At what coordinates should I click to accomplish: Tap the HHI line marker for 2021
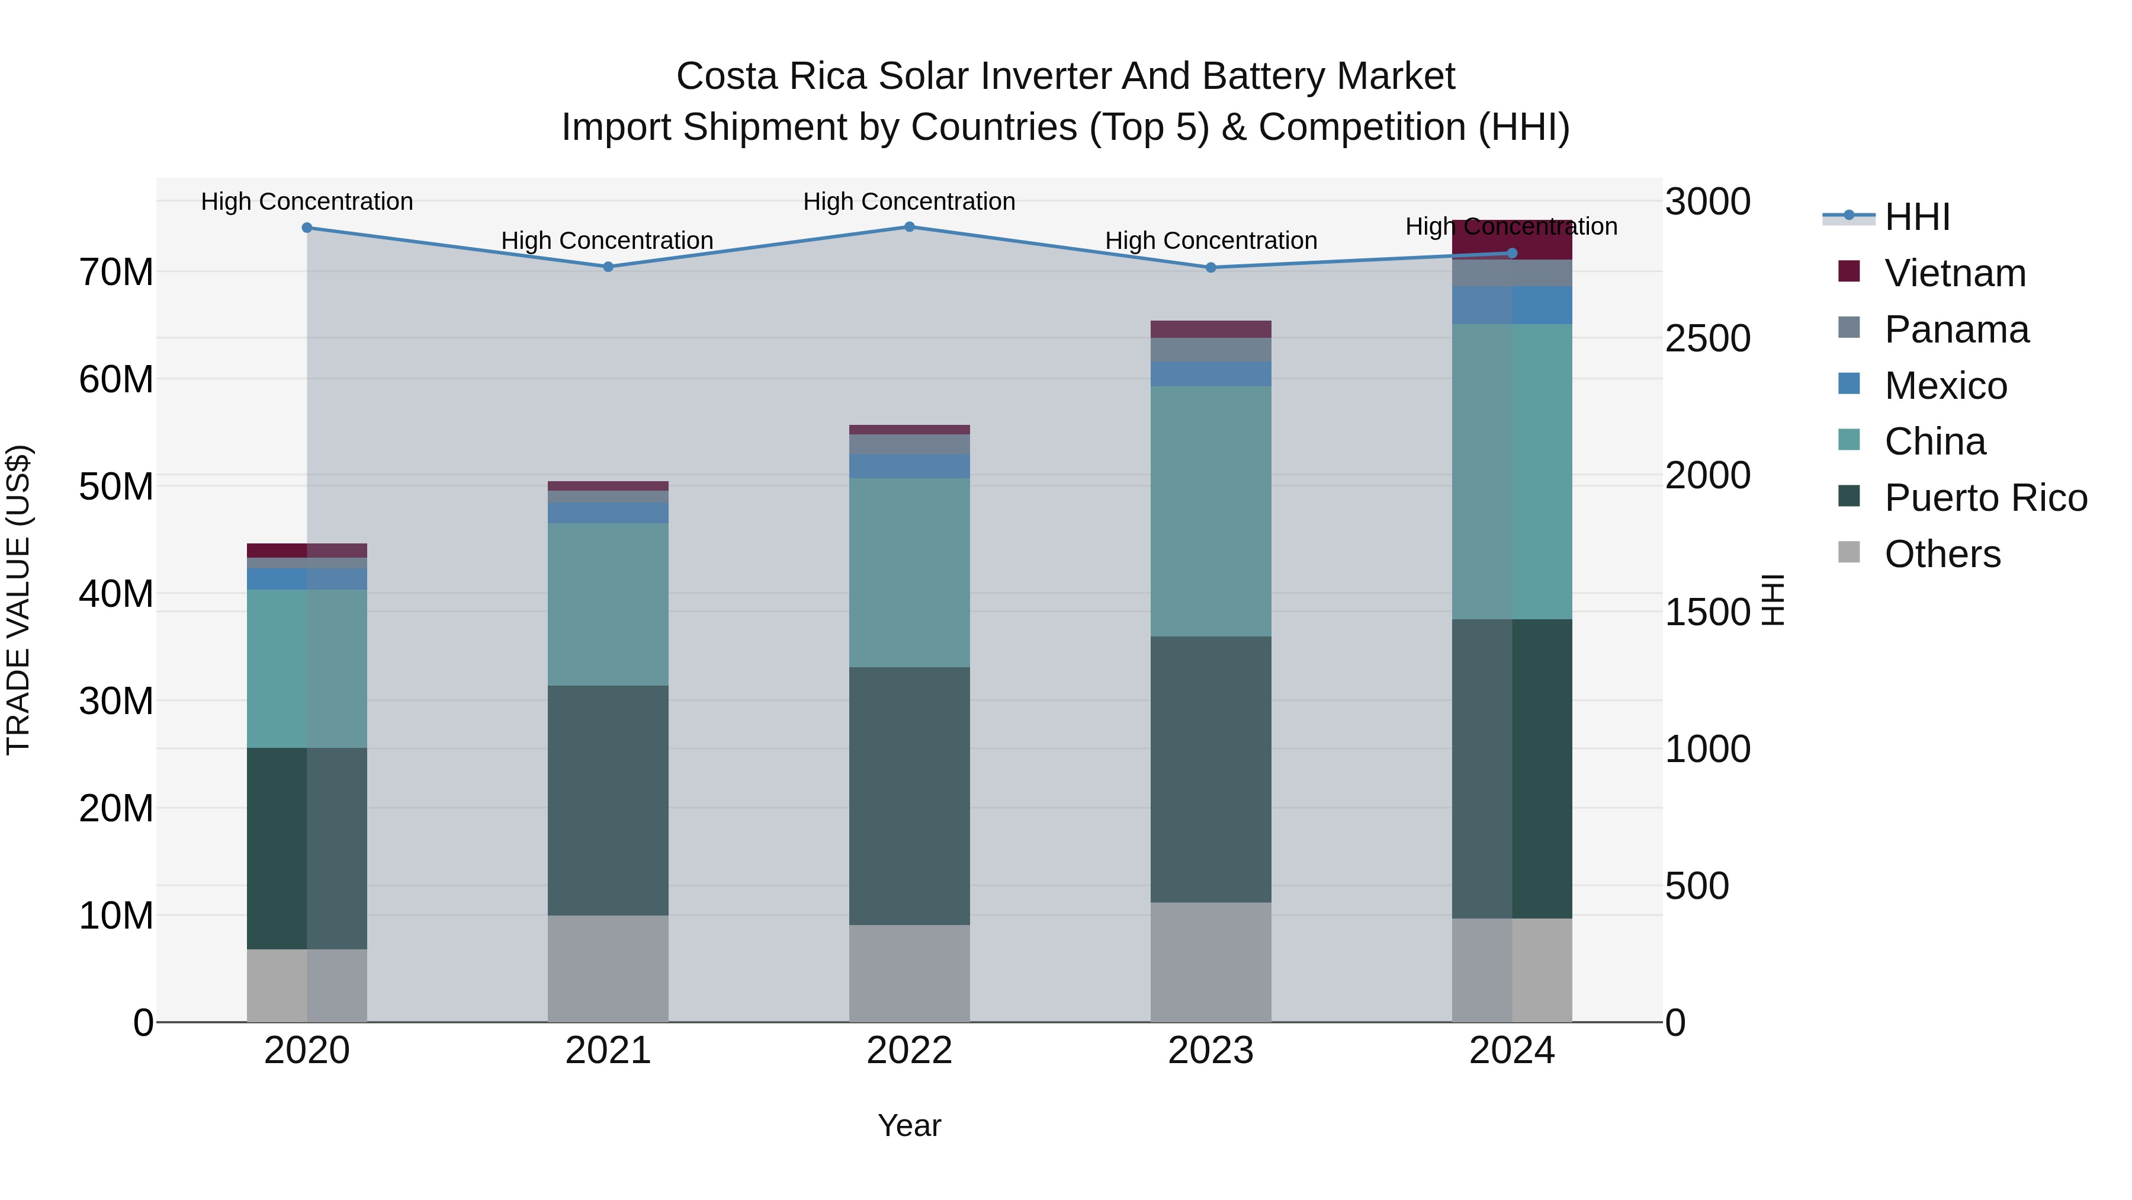(608, 267)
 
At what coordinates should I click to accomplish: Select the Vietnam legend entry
(1955, 273)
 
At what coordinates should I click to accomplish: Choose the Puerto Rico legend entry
(1985, 498)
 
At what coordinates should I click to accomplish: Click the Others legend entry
(1942, 554)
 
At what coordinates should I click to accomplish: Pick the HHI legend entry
(1917, 217)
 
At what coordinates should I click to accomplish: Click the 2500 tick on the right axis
(1707, 339)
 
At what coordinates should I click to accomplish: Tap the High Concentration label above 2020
(306, 201)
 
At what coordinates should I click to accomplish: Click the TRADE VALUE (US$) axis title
(18, 600)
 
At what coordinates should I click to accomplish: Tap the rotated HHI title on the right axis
(1773, 600)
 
